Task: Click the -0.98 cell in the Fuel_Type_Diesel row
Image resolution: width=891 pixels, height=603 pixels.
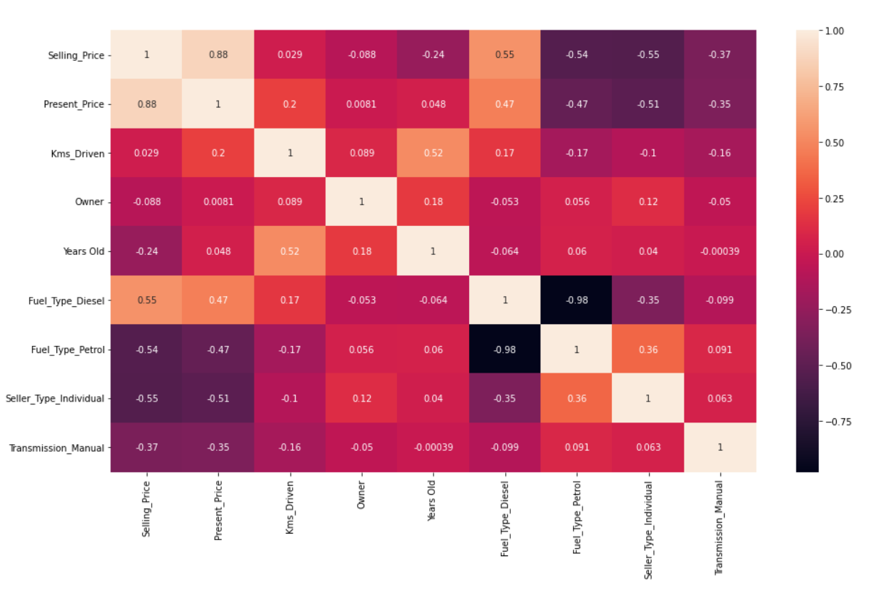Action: [x=577, y=300]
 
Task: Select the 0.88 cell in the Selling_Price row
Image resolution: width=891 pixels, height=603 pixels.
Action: [x=218, y=55]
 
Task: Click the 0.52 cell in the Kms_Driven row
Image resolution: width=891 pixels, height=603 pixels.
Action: [x=433, y=153]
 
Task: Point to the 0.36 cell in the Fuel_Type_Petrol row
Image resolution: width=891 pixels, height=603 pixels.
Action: [x=648, y=350]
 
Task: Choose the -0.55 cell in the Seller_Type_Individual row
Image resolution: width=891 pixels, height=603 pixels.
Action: [x=146, y=399]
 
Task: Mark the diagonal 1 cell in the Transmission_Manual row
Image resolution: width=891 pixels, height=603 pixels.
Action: [x=720, y=448]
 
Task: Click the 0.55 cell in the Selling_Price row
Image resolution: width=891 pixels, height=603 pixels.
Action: [x=505, y=55]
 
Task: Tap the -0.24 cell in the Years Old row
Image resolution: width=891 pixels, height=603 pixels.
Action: [x=146, y=251]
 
